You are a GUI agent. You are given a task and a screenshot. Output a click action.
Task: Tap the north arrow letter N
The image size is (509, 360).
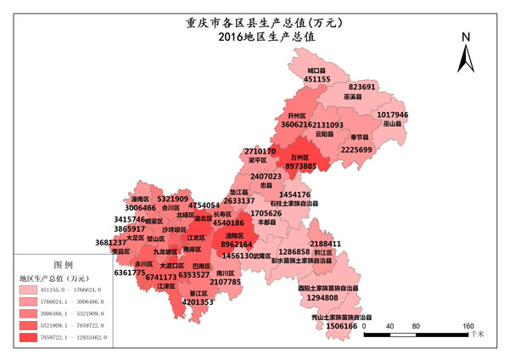[x=466, y=37]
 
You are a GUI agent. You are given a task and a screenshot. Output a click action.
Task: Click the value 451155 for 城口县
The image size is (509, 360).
[x=317, y=79]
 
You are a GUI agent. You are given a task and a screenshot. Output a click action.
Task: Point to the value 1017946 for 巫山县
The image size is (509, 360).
[x=393, y=115]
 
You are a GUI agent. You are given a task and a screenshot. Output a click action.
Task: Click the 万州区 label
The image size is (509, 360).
[x=300, y=157]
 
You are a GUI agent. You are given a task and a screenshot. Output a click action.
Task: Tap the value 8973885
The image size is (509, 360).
[x=301, y=167]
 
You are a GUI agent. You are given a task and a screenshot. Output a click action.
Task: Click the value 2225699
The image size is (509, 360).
[x=356, y=149]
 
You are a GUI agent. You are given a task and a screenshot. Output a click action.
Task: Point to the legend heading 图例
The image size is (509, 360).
[x=64, y=264]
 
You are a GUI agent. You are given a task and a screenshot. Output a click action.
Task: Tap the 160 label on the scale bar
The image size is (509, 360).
[x=467, y=326]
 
